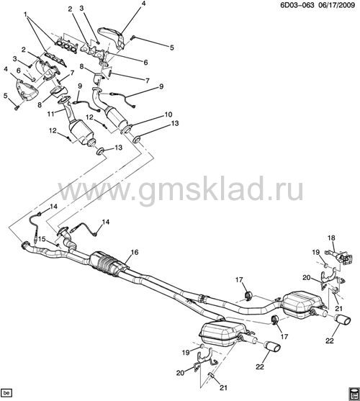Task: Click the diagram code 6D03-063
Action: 297,5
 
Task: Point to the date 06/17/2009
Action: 337,5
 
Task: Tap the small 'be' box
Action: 6,392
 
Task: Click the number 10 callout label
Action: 168,114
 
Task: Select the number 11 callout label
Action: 51,114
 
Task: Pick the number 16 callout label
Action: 135,252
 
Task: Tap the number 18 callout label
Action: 331,238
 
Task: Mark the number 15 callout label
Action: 42,239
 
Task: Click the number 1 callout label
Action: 26,14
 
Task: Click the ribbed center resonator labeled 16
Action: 108,264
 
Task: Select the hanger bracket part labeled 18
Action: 339,257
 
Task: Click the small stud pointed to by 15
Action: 58,245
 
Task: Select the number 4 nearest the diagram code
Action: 143,4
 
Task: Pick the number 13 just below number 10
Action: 175,123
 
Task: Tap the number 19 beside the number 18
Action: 316,253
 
